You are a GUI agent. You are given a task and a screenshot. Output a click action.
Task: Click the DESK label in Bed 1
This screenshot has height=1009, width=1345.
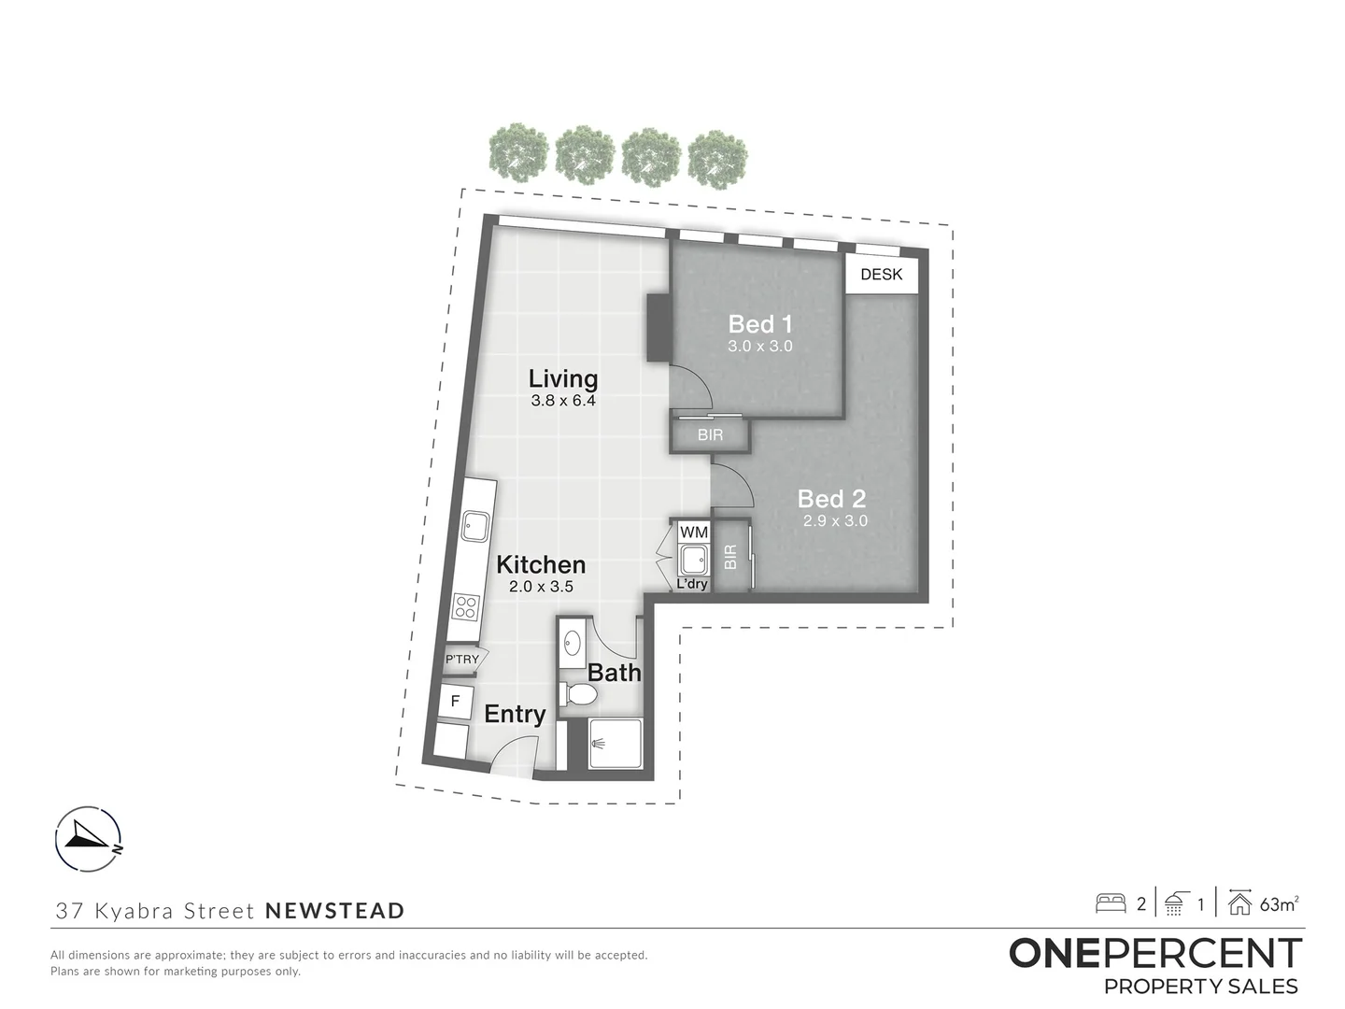tap(881, 275)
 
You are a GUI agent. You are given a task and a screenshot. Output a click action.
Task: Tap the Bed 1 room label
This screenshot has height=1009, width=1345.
tap(760, 324)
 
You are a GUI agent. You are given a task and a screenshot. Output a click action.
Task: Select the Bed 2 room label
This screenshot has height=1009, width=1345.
tap(831, 499)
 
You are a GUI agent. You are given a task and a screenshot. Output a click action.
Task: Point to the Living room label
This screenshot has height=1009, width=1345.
tap(562, 378)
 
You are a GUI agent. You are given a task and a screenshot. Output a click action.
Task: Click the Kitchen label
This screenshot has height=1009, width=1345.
tap(541, 564)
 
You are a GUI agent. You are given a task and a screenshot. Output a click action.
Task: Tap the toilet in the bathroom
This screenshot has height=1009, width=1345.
tap(579, 694)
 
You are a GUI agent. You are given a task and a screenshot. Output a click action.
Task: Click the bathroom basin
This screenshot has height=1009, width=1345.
tap(573, 643)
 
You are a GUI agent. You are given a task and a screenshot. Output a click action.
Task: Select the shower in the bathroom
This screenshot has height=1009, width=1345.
tap(616, 744)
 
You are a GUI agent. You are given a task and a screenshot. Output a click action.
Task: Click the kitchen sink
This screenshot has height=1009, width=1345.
tap(474, 527)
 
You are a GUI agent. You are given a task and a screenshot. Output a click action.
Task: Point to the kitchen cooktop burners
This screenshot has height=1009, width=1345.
tap(466, 606)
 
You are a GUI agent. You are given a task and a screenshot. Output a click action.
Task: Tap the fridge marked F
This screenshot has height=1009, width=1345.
tap(455, 701)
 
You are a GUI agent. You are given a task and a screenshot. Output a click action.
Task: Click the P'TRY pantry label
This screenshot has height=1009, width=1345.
tap(461, 660)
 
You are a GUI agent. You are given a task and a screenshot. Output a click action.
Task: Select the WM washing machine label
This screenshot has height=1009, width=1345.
tap(693, 532)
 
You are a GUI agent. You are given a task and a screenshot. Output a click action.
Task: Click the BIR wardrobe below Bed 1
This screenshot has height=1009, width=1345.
tap(710, 435)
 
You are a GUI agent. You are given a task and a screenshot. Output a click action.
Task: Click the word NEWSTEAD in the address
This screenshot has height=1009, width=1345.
tap(335, 910)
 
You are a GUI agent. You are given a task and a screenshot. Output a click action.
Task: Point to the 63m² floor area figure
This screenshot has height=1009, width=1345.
tap(1279, 903)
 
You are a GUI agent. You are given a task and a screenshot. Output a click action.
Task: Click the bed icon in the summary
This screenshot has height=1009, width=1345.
tap(1111, 903)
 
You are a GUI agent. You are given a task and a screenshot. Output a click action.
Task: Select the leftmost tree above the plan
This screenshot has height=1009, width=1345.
tap(516, 151)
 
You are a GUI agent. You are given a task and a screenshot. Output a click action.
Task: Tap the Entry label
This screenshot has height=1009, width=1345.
tap(515, 714)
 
